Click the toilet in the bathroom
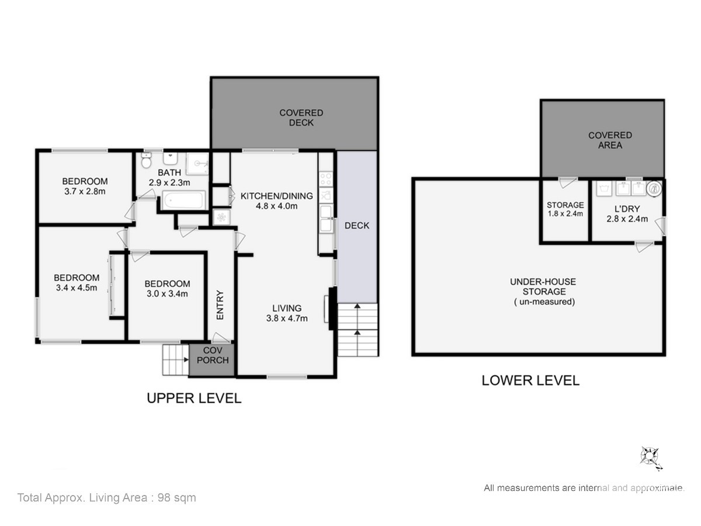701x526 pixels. (x=146, y=160)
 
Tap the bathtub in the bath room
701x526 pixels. (x=183, y=200)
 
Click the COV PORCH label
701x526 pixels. (x=213, y=355)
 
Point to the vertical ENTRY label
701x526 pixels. (x=220, y=304)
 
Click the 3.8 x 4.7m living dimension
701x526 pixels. (x=287, y=319)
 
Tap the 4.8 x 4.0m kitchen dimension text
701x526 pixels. (x=276, y=206)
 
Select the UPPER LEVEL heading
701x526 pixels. (x=194, y=398)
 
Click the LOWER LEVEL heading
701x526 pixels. (x=530, y=380)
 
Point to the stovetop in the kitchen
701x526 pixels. (x=326, y=179)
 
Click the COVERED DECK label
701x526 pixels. (x=301, y=117)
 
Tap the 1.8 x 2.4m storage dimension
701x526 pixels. (x=565, y=214)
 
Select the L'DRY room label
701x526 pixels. (x=627, y=209)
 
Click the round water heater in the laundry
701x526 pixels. (x=654, y=188)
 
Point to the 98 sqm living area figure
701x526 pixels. (x=176, y=497)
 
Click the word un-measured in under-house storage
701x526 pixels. (x=547, y=302)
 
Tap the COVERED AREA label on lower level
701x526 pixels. (x=610, y=140)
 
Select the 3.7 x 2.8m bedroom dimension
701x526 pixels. (x=85, y=191)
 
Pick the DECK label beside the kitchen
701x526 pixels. (x=357, y=226)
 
